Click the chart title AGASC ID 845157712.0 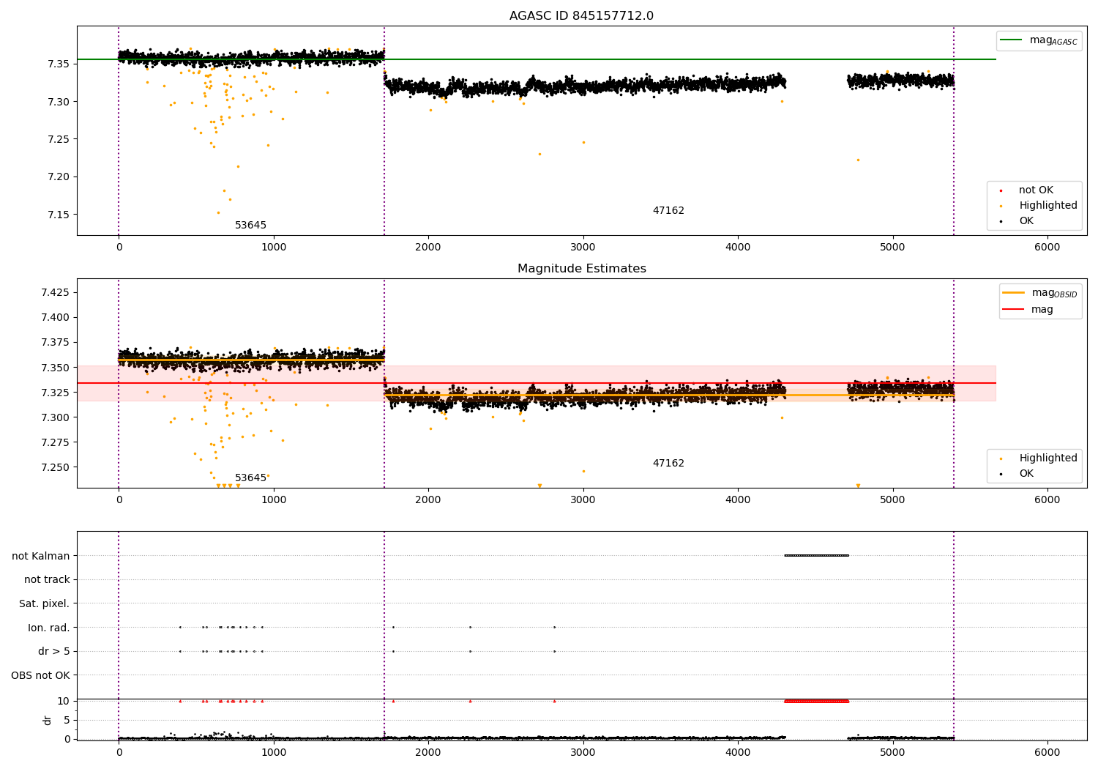(x=581, y=16)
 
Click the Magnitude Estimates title (x=581, y=269)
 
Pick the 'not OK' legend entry (x=1036, y=190)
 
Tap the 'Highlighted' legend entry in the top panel (x=1047, y=206)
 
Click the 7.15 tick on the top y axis (x=59, y=215)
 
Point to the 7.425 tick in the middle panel (x=55, y=292)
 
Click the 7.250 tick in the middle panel (x=55, y=467)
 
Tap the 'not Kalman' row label (x=41, y=556)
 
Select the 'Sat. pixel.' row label (x=44, y=603)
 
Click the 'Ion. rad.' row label (x=48, y=628)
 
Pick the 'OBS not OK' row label (x=40, y=675)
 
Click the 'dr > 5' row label (x=53, y=651)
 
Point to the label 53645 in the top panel (x=250, y=226)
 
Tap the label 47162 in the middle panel (x=668, y=464)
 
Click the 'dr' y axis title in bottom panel (x=48, y=720)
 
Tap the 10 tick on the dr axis (x=64, y=701)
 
